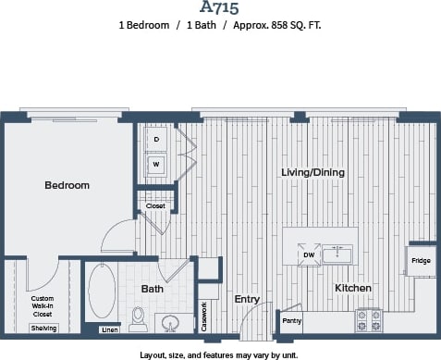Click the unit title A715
[220, 9]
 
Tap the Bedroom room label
[67, 185]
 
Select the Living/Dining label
[313, 173]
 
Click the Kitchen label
[352, 288]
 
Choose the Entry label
[247, 299]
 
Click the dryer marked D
[156, 139]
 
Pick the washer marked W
[156, 165]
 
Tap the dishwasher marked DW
[307, 255]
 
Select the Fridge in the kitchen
[421, 261]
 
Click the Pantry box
[291, 321]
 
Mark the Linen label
[109, 329]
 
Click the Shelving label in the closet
[43, 329]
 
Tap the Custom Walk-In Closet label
[43, 305]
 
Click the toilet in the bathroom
[139, 320]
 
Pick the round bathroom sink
[169, 323]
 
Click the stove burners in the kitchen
[370, 319]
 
